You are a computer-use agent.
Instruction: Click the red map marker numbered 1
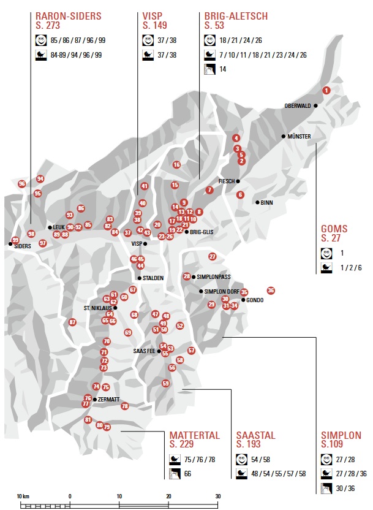pyautogui.click(x=326, y=90)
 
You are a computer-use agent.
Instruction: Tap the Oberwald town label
pyautogui.click(x=298, y=106)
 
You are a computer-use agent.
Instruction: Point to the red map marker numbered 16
pyautogui.click(x=176, y=164)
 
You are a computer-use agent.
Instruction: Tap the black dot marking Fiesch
pyautogui.click(x=238, y=181)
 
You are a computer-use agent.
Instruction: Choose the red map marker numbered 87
pyautogui.click(x=72, y=322)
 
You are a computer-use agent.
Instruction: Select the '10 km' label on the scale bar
pyautogui.click(x=23, y=495)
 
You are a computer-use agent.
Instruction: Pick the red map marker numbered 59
pyautogui.click(x=165, y=383)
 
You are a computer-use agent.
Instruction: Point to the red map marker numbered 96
pyautogui.click(x=22, y=183)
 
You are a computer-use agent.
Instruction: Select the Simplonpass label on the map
pyautogui.click(x=214, y=276)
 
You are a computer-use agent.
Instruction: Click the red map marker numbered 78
pyautogui.click(x=125, y=406)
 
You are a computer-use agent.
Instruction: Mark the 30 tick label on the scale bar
pyautogui.click(x=217, y=495)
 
